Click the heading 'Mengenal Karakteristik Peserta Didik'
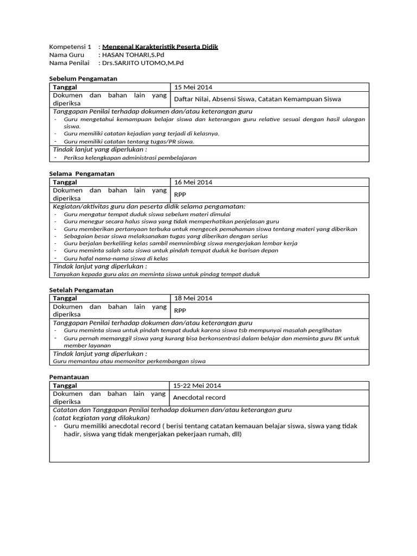(160, 47)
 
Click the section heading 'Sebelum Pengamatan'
(83, 79)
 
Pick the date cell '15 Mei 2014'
(193, 87)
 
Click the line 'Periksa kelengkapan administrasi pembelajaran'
(130, 157)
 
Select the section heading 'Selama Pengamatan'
(81, 173)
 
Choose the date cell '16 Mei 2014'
(193, 182)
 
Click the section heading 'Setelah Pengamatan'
(81, 290)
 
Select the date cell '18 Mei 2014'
(193, 298)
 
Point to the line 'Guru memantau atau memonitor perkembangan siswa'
(129, 361)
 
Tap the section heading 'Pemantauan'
(69, 376)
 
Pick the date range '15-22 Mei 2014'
(198, 385)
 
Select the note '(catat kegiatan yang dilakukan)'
(101, 418)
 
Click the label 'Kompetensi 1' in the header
(70, 47)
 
